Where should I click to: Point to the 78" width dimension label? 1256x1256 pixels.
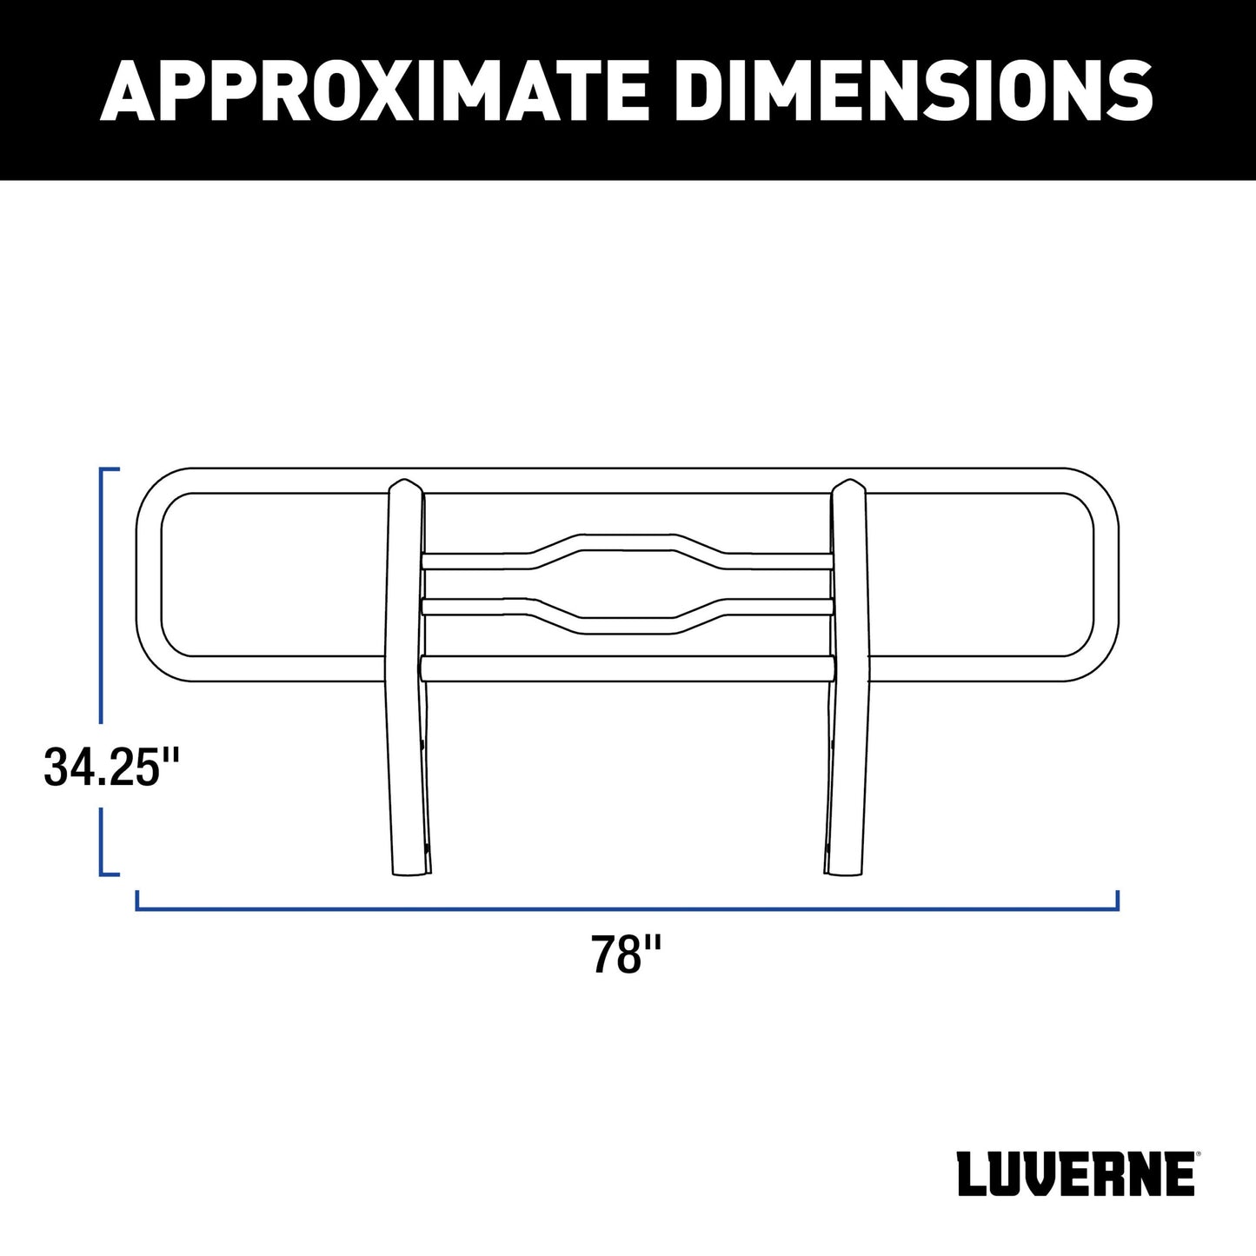(627, 954)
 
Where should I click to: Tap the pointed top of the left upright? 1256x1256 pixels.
(405, 481)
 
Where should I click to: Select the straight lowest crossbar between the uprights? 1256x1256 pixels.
(628, 668)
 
